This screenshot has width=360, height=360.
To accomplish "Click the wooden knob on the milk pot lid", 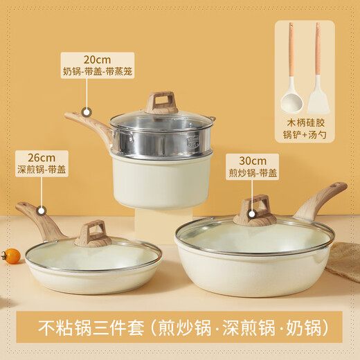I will tap(161, 103).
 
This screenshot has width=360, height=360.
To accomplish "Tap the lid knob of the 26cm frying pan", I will tap(93, 234).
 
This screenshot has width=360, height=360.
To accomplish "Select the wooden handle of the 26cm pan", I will tap(39, 218).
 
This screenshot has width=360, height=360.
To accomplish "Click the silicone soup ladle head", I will tap(291, 101).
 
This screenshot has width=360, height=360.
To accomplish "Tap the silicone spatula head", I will tap(318, 101).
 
